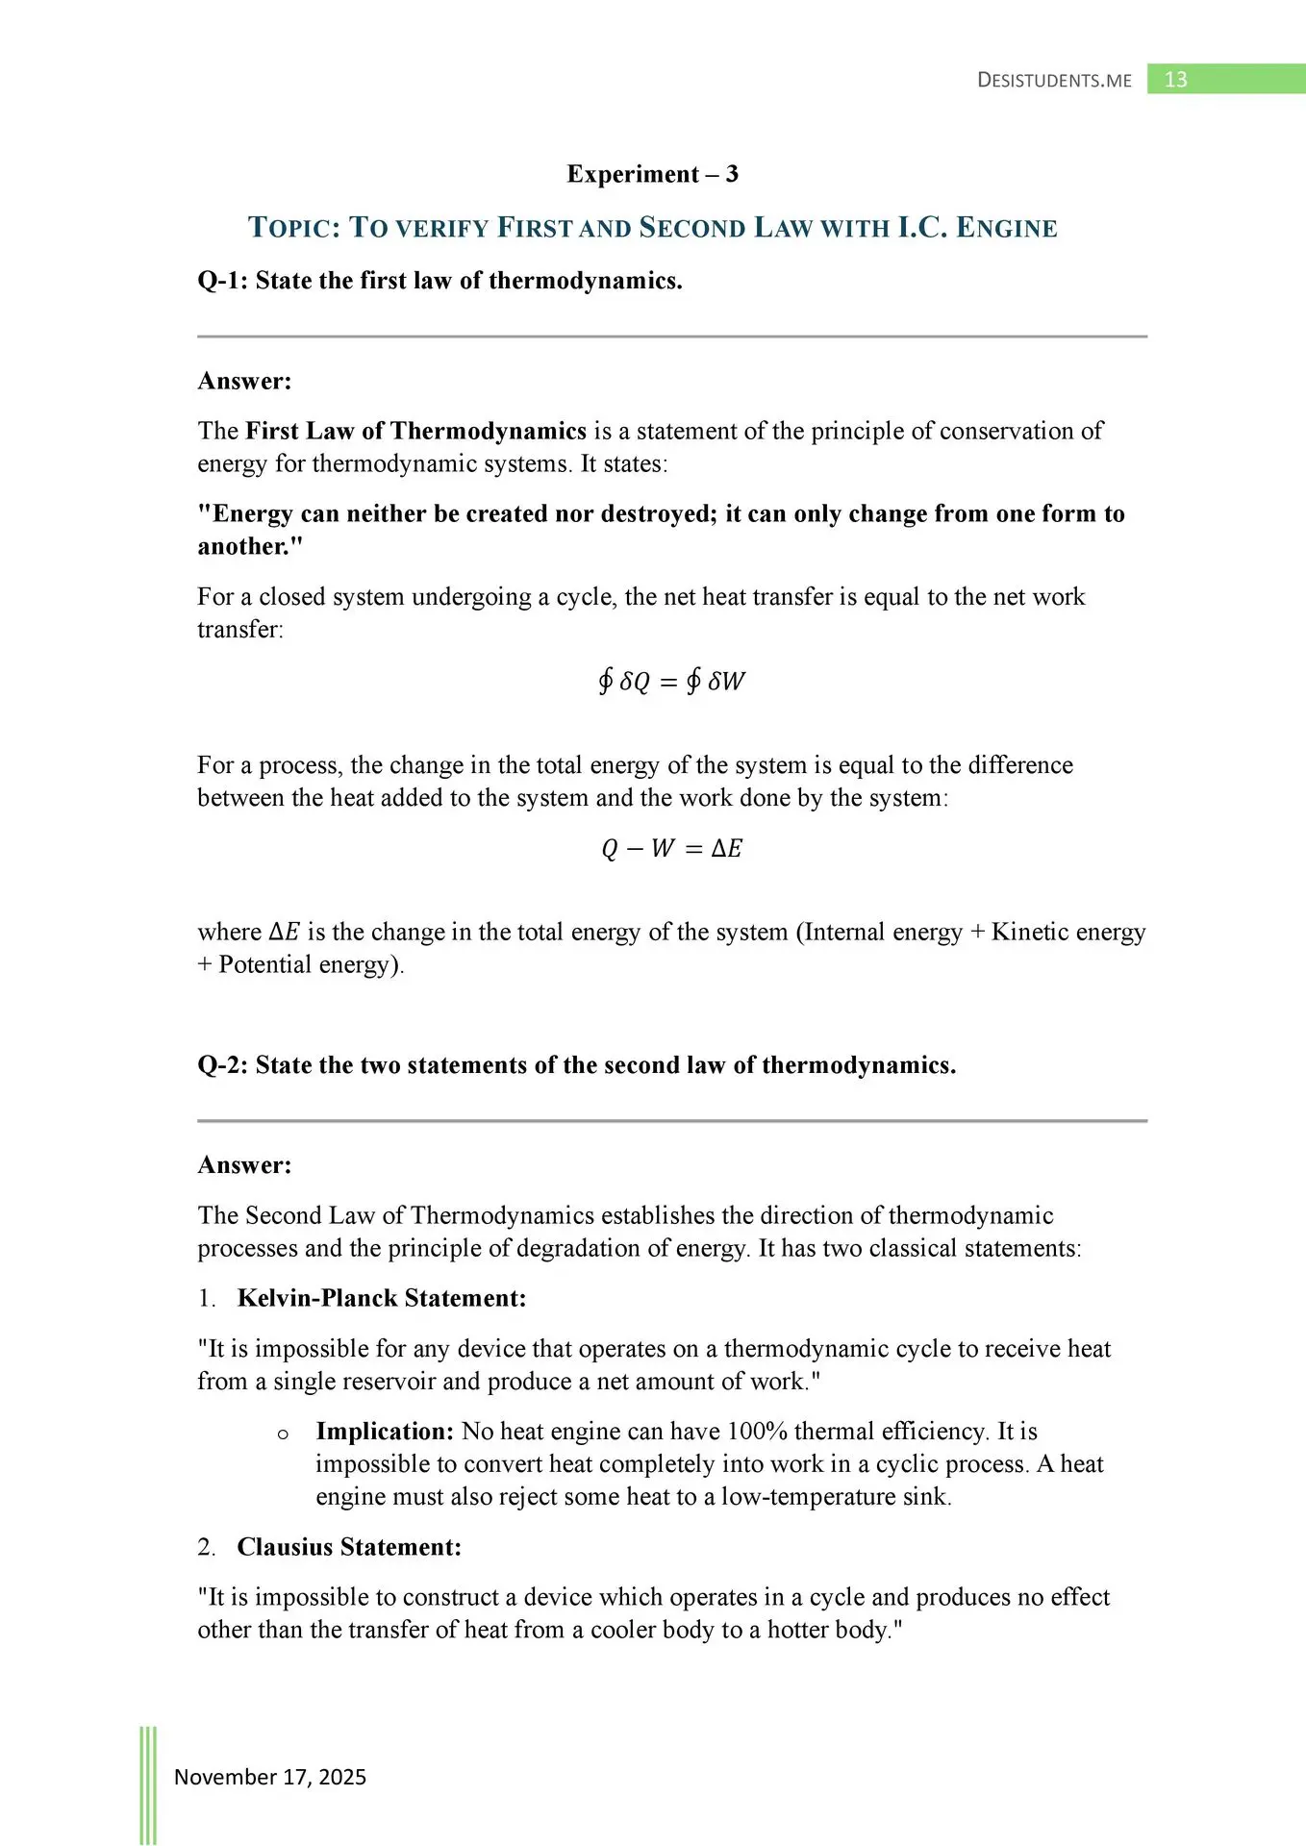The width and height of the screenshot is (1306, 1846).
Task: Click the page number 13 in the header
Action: coord(1175,80)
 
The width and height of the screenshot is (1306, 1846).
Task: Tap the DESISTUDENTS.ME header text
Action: coord(1054,81)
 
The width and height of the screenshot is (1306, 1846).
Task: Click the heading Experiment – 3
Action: coord(652,174)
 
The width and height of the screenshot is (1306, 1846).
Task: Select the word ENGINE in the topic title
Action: coord(1007,228)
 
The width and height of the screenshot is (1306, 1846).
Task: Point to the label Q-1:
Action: coord(222,281)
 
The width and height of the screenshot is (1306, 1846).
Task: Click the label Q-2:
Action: coord(222,1065)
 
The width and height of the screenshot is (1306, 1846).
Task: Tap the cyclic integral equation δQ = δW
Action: coord(671,682)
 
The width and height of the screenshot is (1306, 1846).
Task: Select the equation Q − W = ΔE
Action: coord(671,848)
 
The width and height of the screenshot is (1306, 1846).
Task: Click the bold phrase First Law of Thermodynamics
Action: coord(415,431)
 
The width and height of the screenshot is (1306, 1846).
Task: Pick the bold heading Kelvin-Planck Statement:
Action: coord(382,1298)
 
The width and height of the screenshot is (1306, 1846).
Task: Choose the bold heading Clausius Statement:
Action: coord(349,1547)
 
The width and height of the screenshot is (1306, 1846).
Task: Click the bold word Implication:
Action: coord(385,1432)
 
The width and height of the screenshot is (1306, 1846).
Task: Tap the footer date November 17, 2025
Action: coord(270,1777)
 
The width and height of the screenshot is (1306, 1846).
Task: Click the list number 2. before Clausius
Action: coord(207,1548)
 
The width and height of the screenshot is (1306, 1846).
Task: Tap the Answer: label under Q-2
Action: coord(244,1165)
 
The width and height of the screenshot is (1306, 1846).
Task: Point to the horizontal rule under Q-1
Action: coord(671,337)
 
